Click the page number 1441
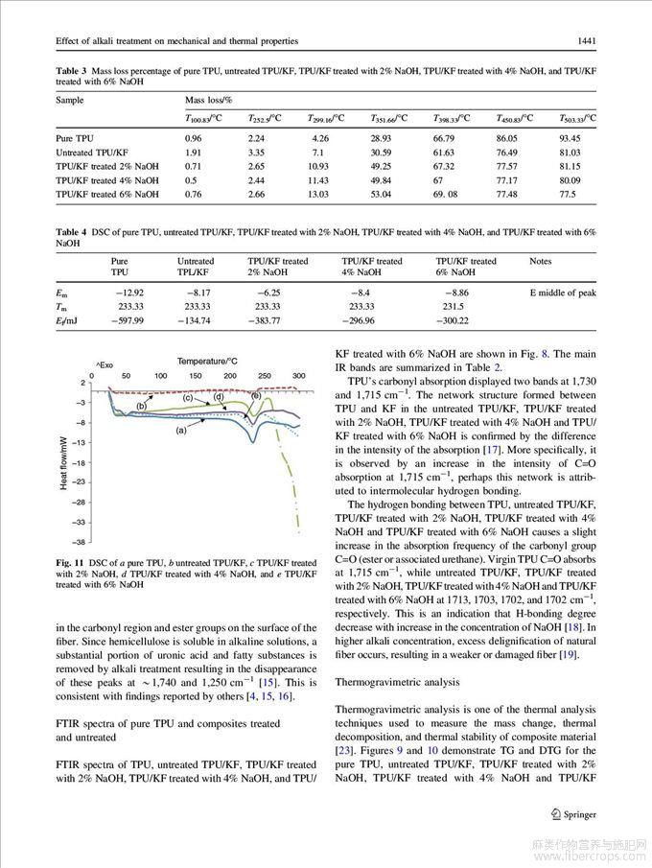pyautogui.click(x=587, y=40)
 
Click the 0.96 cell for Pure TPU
pyautogui.click(x=193, y=138)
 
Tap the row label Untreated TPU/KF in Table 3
pyautogui.click(x=87, y=152)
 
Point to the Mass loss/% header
pyautogui.click(x=209, y=99)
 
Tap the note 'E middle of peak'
pyautogui.click(x=563, y=293)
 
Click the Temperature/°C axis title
pyautogui.click(x=207, y=361)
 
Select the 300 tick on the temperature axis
pyautogui.click(x=298, y=375)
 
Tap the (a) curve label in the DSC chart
pyautogui.click(x=179, y=432)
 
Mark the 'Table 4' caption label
pyautogui.click(x=71, y=232)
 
